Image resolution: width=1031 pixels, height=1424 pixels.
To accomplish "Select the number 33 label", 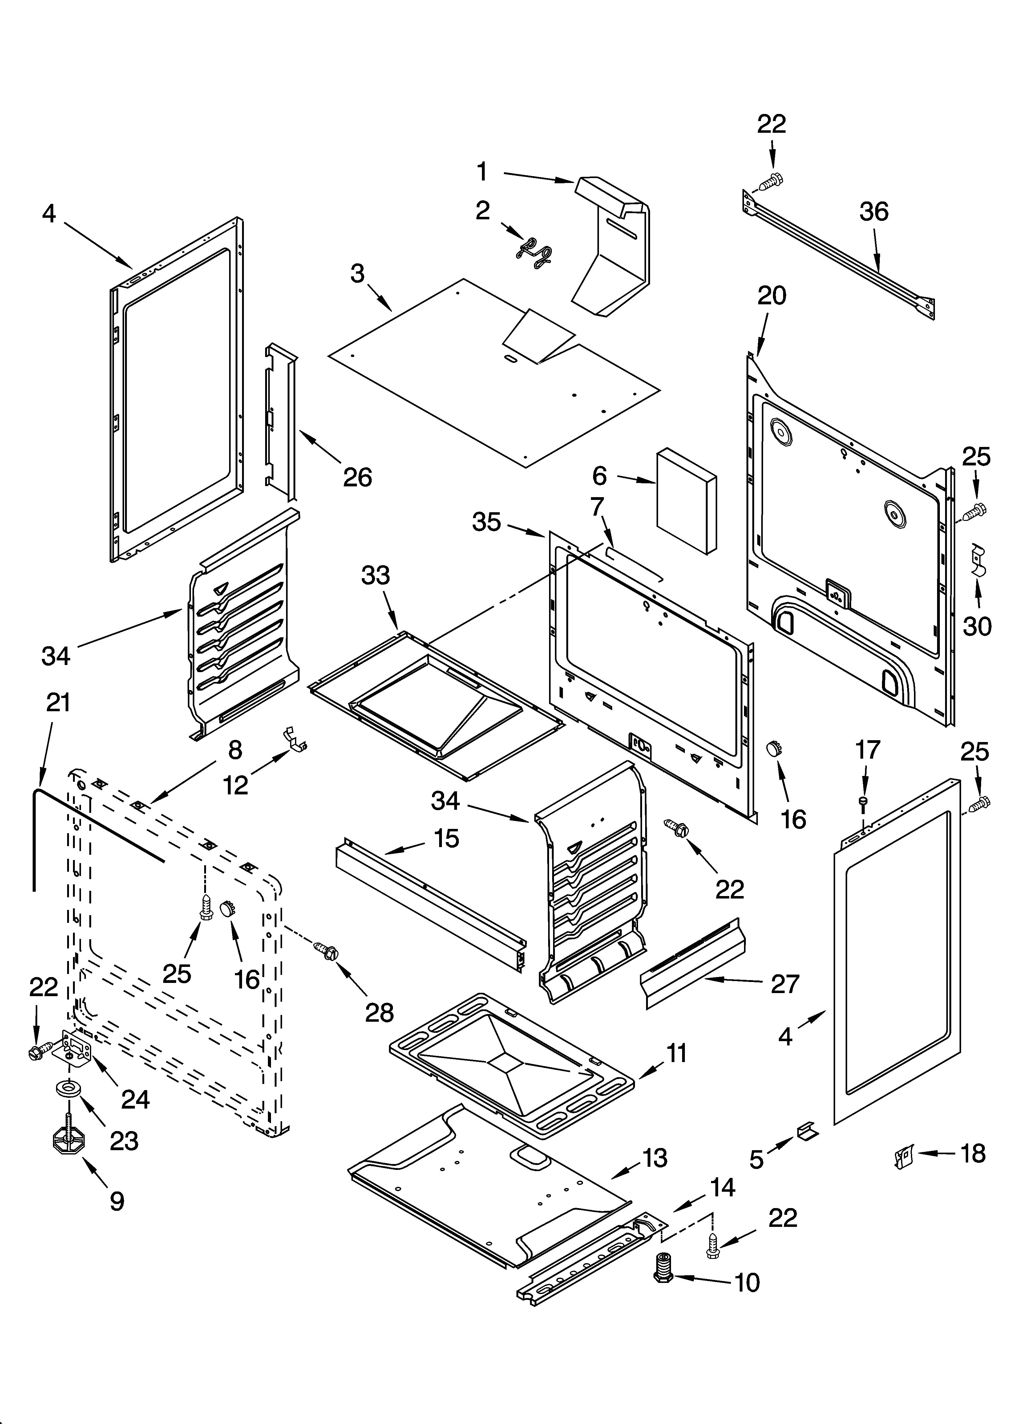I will (375, 575).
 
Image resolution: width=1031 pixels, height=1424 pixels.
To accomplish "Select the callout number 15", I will (447, 838).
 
